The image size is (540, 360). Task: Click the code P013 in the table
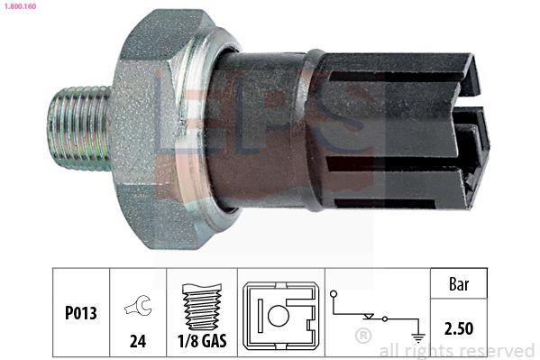pyautogui.click(x=80, y=315)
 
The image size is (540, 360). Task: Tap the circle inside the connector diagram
pyautogui.click(x=277, y=317)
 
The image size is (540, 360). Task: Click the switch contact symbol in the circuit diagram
pyautogui.click(x=370, y=316)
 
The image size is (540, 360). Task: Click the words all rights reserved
pyautogui.click(x=455, y=350)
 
